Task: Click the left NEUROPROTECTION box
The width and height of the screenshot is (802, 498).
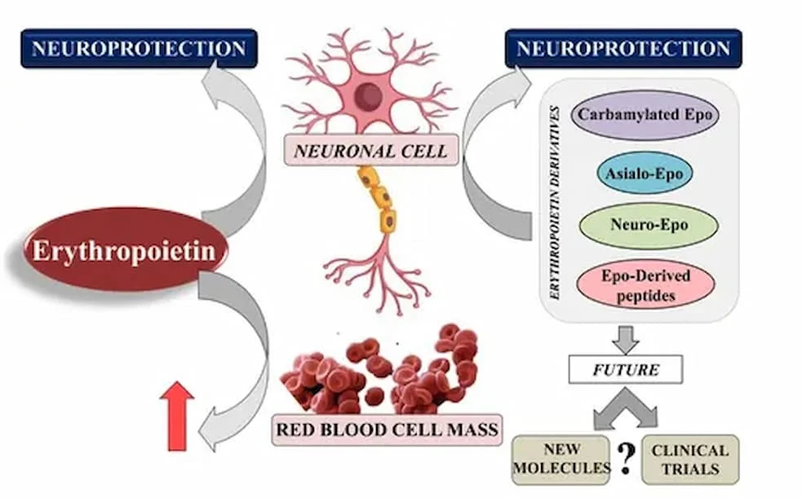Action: coord(139,48)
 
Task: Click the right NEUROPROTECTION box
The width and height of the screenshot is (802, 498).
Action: coord(623,48)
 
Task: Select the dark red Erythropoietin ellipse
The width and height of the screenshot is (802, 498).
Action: coord(123,250)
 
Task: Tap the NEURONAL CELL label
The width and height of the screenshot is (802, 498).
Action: coord(370,151)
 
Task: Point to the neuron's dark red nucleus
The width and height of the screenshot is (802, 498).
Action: coord(369,90)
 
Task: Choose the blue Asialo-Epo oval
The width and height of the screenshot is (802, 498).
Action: coord(645,174)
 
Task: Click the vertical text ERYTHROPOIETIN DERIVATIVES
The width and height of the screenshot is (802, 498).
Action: coord(555,201)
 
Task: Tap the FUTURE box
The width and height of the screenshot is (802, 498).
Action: coord(624,370)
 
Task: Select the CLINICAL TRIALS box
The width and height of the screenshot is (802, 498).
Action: coord(689,459)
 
